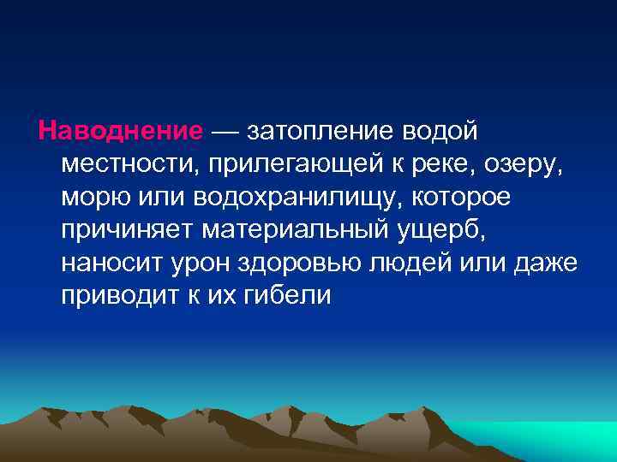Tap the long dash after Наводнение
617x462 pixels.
[227, 132]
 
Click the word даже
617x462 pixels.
[552, 264]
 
